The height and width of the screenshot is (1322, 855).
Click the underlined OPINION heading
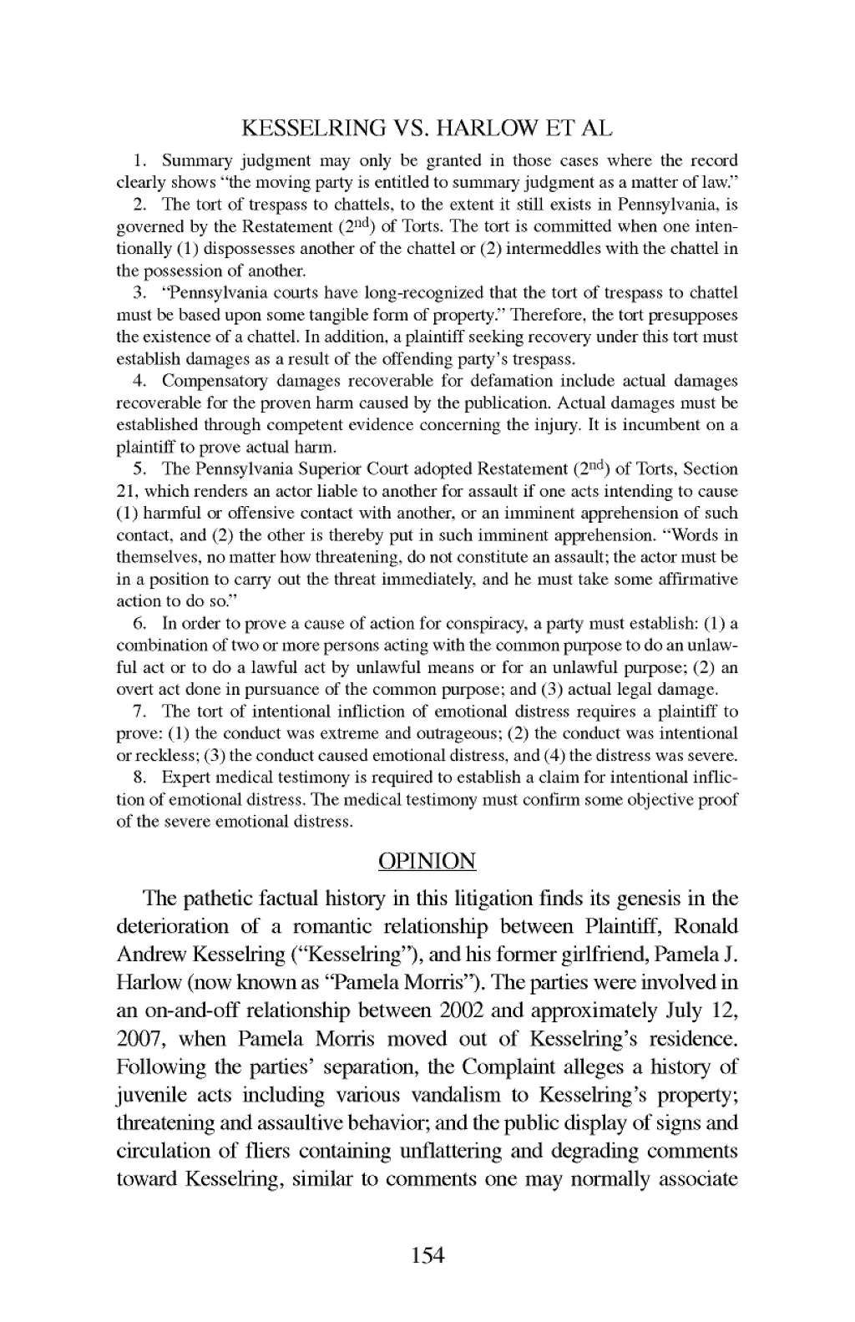pos(427,861)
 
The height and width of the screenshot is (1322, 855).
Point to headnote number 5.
pos(140,469)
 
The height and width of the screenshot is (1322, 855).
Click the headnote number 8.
pos(140,777)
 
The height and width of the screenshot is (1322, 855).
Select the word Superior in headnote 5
pos(324,469)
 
